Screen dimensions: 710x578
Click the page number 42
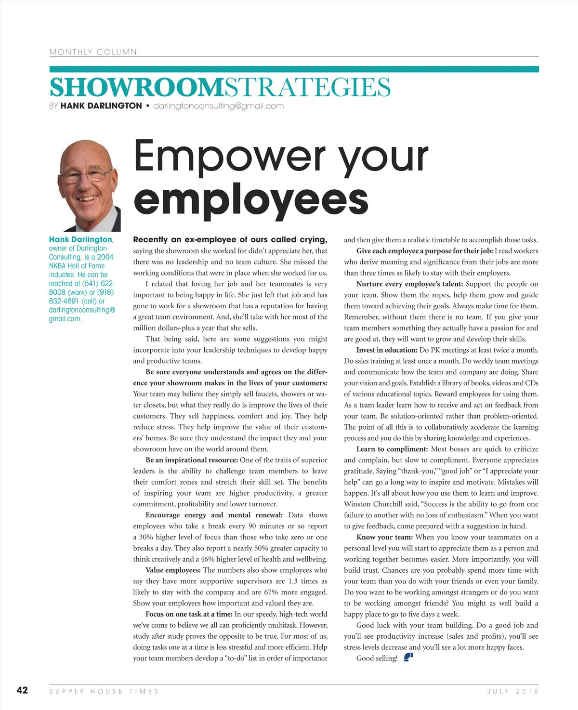tap(22, 690)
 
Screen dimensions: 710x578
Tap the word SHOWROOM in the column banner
tap(136, 87)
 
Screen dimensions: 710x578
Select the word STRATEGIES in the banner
tap(307, 87)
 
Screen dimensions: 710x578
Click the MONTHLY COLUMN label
tap(93, 52)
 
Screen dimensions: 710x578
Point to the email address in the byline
tap(218, 106)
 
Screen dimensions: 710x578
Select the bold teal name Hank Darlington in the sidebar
tap(80, 239)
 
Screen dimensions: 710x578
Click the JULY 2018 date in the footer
tap(512, 691)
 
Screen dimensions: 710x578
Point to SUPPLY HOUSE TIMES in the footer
tap(104, 691)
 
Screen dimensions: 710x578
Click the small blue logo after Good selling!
tap(408, 657)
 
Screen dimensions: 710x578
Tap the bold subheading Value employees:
tap(173, 570)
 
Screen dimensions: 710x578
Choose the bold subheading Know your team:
tap(384, 537)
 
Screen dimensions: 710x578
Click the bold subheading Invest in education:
tap(387, 350)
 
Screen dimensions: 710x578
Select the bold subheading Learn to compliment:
tap(392, 449)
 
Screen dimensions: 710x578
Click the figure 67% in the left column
tap(272, 592)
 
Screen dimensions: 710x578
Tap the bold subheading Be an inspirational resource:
tap(192, 460)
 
